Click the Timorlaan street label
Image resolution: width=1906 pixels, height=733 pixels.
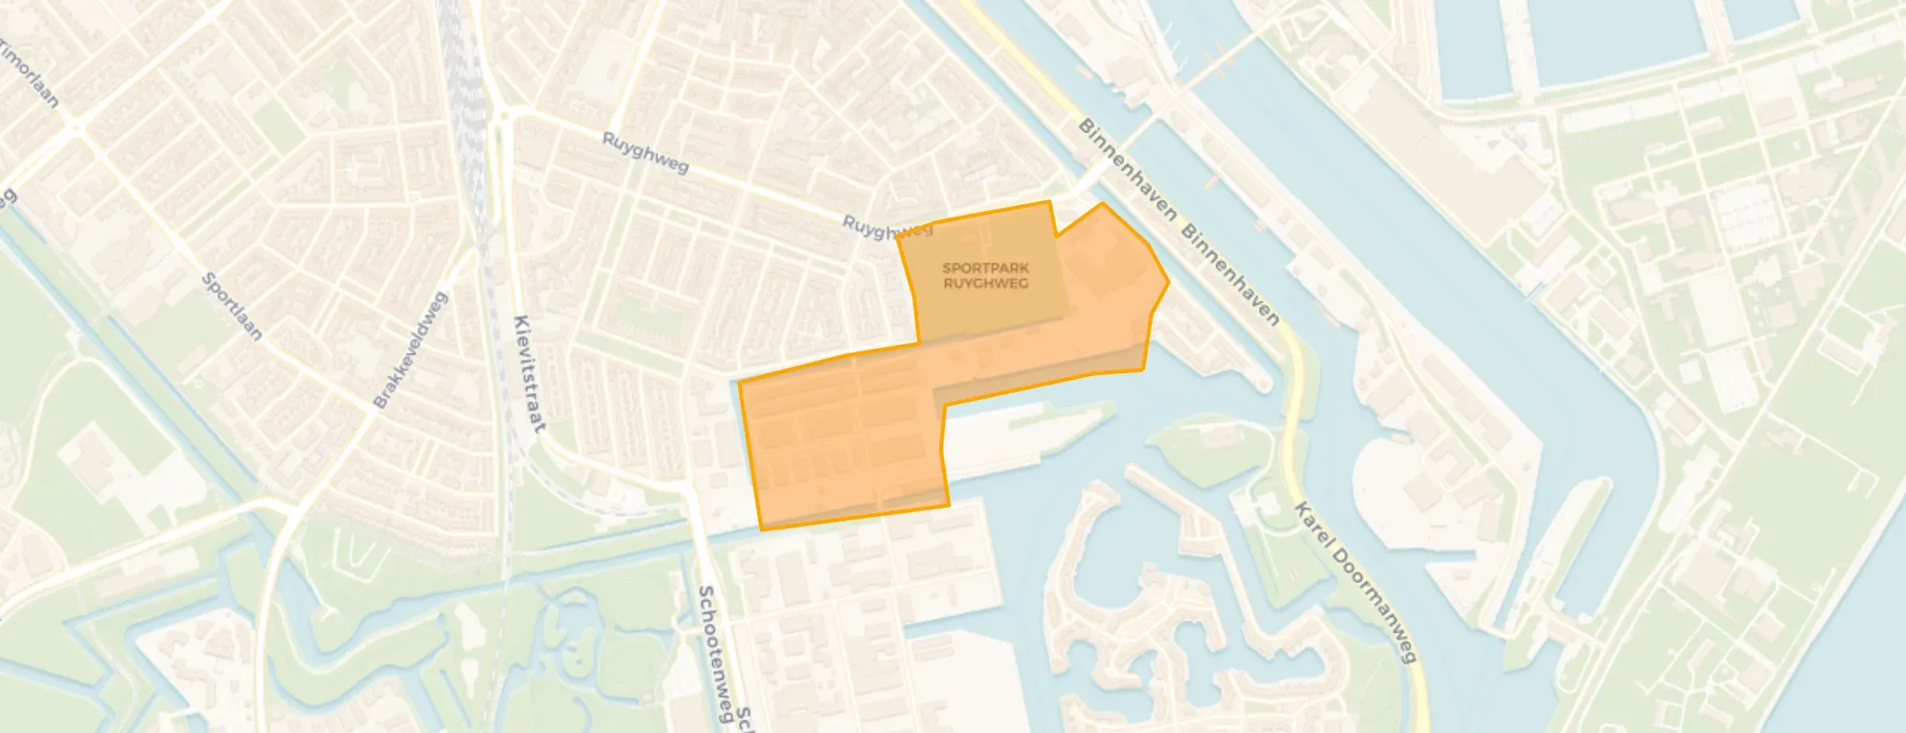click(30, 74)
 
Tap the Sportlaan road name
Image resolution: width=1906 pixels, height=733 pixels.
click(231, 307)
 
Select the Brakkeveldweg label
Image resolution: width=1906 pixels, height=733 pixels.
click(410, 351)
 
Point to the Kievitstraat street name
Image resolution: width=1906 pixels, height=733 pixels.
click(530, 374)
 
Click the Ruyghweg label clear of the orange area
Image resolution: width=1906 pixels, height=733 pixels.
click(645, 153)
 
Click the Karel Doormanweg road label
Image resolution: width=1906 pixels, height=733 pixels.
click(1354, 582)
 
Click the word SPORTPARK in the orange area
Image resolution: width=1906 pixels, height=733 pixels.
click(986, 269)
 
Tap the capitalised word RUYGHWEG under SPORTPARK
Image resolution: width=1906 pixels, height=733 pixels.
click(986, 283)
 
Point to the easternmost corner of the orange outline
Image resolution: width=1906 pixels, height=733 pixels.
click(1168, 282)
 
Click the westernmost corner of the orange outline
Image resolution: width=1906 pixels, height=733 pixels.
click(739, 383)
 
